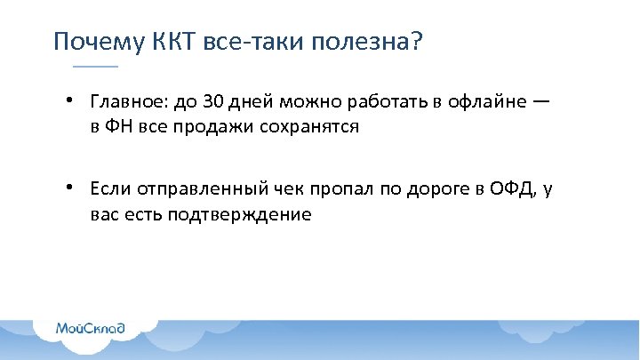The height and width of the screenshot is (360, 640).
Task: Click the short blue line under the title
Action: (x=94, y=68)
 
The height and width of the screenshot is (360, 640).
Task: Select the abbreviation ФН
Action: (x=121, y=127)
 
